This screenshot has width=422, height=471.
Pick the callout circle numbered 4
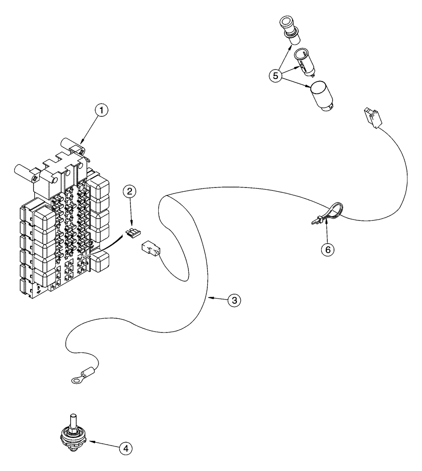coord(125,449)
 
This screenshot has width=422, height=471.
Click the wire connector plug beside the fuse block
coord(150,251)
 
